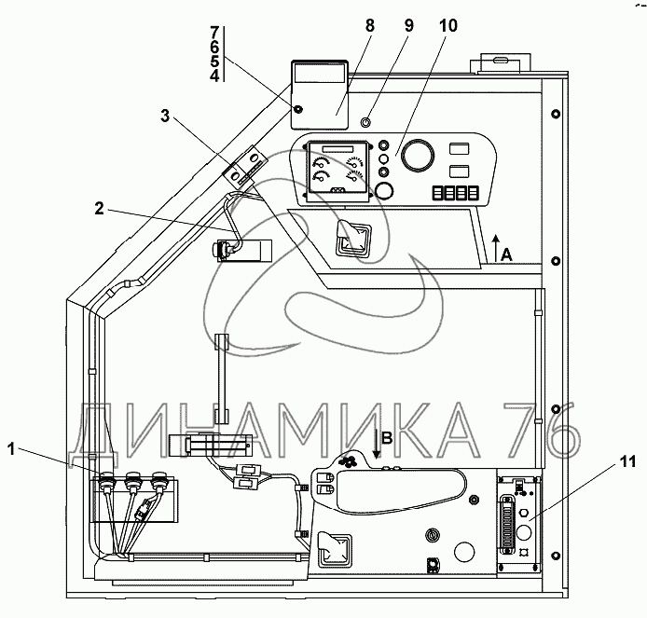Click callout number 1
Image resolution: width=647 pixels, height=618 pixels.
pyautogui.click(x=11, y=449)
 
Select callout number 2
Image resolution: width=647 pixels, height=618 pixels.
pyautogui.click(x=100, y=209)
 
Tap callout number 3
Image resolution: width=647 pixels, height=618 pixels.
pyautogui.click(x=165, y=116)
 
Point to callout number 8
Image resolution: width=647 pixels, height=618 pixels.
pyautogui.click(x=370, y=25)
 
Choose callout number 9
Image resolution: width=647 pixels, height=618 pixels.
pyautogui.click(x=408, y=25)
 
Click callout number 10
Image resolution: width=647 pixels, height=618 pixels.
pyautogui.click(x=448, y=25)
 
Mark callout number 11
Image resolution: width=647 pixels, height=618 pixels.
pyautogui.click(x=628, y=461)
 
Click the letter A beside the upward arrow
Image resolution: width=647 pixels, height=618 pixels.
pyautogui.click(x=506, y=255)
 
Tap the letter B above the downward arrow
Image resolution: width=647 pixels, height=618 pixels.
pyautogui.click(x=387, y=438)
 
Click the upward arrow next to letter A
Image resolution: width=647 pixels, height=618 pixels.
pyautogui.click(x=496, y=248)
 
